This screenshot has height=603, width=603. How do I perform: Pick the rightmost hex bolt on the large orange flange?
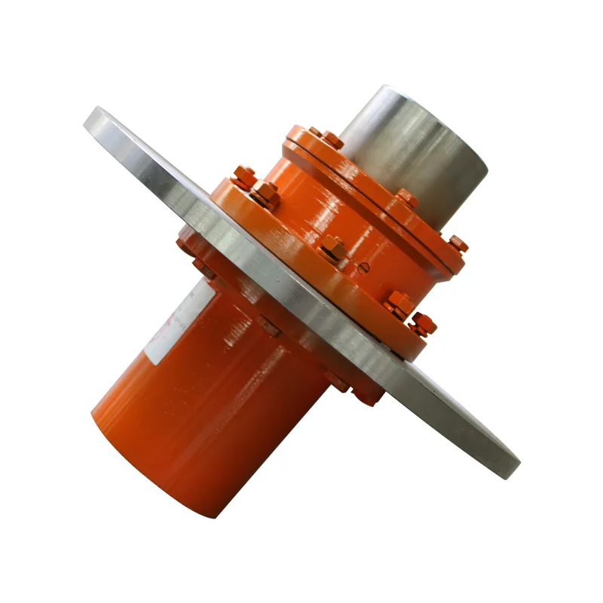click(x=423, y=323)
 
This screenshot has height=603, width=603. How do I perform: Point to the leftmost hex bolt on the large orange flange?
click(x=243, y=178)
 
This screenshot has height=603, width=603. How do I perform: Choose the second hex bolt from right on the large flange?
click(x=399, y=303)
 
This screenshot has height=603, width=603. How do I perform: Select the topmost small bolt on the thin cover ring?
click(x=315, y=133)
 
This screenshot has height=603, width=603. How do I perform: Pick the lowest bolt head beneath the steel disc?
click(x=369, y=397)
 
